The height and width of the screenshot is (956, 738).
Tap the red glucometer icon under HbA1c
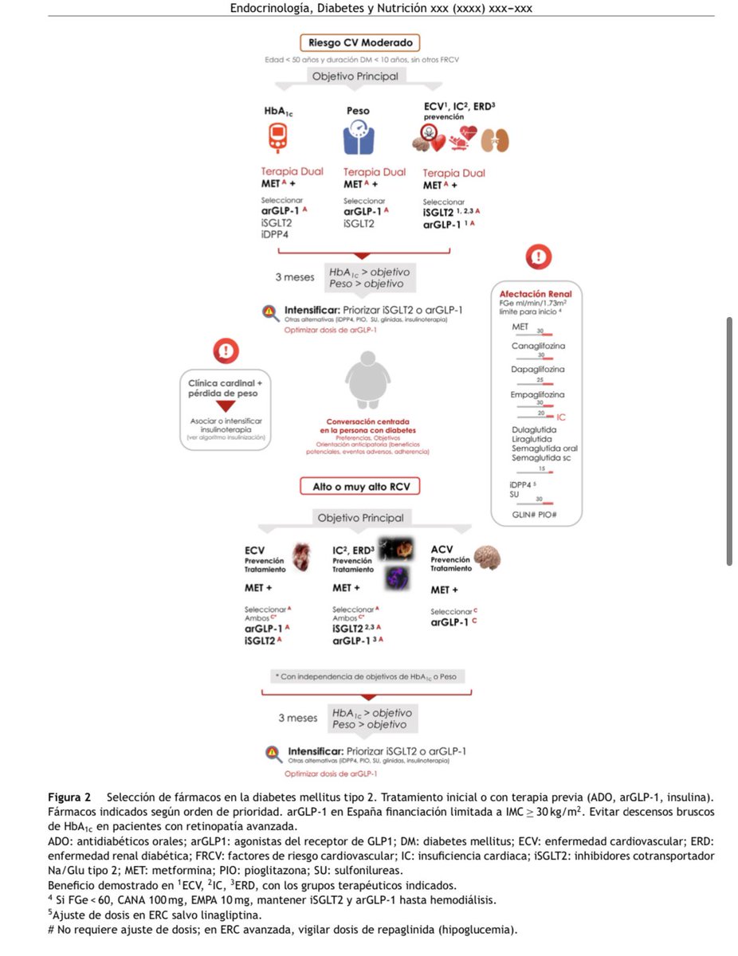point(277,138)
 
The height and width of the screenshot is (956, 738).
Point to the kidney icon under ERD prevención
point(496,140)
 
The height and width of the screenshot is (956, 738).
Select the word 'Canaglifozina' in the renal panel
point(539,347)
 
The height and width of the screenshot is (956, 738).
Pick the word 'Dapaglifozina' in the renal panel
point(539,370)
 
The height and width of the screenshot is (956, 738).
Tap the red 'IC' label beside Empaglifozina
point(561,417)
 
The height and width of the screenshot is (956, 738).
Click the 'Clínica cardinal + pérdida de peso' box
point(225,388)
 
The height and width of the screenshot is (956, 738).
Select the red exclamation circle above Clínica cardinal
point(226,349)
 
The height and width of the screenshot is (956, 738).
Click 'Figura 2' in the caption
point(69,797)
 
